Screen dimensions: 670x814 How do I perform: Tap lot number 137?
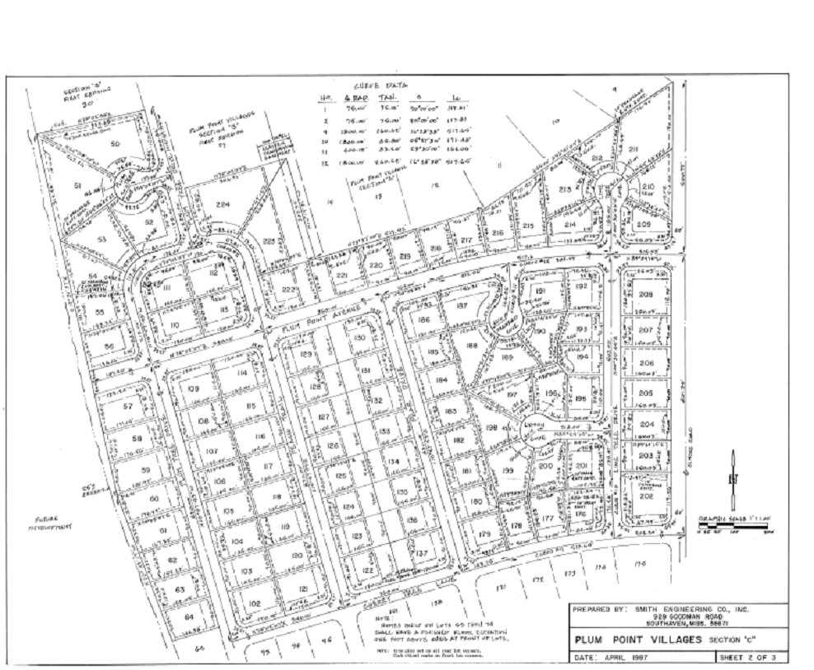click(423, 553)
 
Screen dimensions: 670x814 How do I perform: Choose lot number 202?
click(646, 496)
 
